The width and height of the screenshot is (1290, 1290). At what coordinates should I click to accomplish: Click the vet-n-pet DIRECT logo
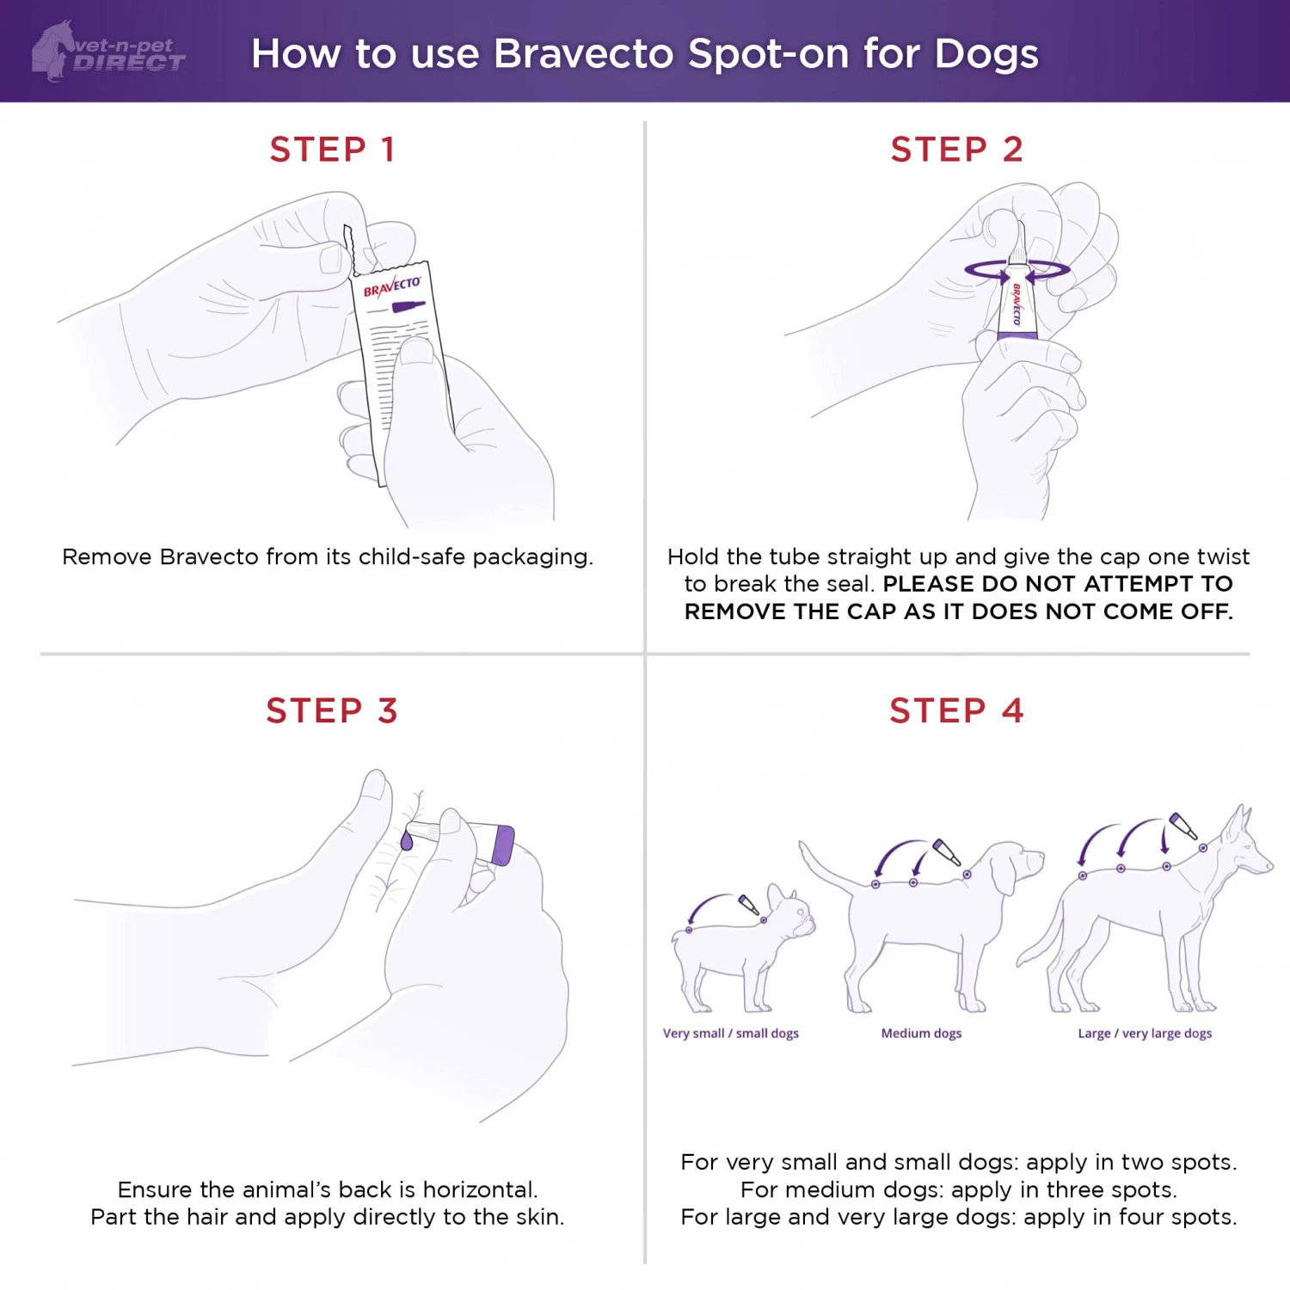109,52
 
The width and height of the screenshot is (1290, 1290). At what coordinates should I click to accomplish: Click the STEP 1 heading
332,150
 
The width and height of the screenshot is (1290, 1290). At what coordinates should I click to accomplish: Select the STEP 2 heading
956,150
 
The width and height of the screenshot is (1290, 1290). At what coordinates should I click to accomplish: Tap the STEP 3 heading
332,711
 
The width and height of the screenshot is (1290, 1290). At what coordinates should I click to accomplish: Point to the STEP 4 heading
956,711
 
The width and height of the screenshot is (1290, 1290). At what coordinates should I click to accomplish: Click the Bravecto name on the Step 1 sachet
391,286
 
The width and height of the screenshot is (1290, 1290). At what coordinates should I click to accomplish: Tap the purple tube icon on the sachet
408,307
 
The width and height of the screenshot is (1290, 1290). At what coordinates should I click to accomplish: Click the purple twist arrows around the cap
1017,270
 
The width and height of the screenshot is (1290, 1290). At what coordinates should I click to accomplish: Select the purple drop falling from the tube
407,840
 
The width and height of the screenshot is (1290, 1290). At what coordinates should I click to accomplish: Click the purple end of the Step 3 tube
503,845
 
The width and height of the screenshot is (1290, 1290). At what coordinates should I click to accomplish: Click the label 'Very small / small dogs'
730,1033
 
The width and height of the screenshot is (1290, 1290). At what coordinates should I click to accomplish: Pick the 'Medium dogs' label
921,1033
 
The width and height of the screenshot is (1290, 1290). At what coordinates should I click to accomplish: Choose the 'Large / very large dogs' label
1145,1033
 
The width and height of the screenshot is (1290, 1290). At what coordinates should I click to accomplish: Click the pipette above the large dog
1183,826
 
